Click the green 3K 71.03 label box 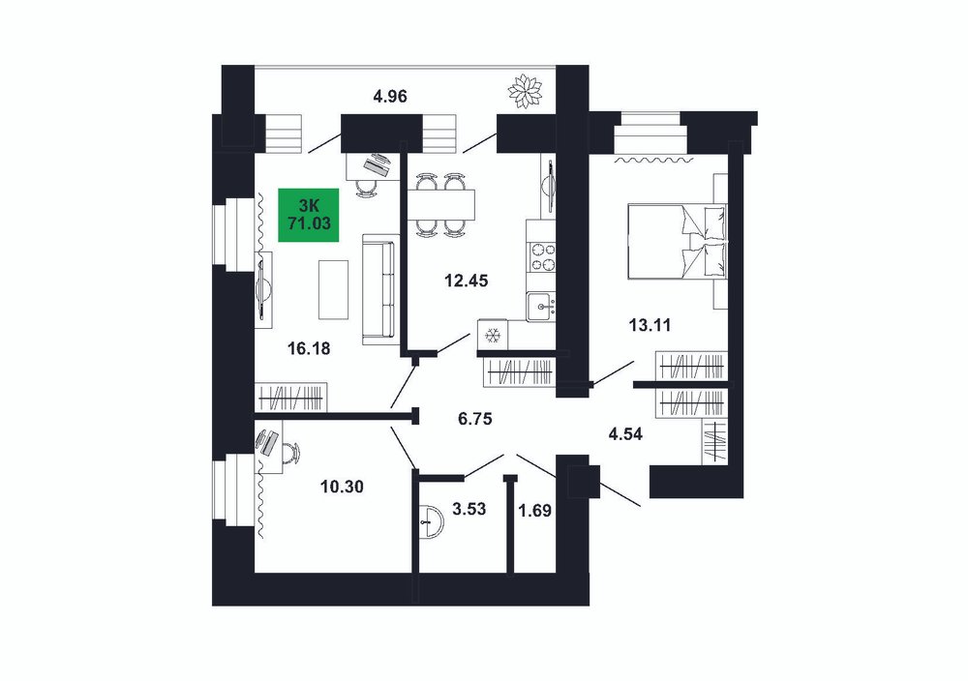tap(309, 215)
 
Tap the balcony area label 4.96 tap(390, 97)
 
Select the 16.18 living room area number tap(309, 349)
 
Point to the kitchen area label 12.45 tap(467, 281)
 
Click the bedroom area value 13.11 tap(650, 325)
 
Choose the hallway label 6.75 tap(474, 420)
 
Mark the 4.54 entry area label tap(624, 434)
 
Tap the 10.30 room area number tap(342, 488)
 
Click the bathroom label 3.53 tap(469, 510)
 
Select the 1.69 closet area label tap(534, 511)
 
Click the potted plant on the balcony tap(525, 92)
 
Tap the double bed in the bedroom tap(678, 241)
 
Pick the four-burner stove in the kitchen tap(541, 258)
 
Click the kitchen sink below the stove tap(541, 307)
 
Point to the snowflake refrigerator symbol tap(493, 336)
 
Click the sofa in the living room tap(378, 289)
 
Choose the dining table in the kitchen tap(441, 205)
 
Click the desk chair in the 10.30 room tap(291, 453)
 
